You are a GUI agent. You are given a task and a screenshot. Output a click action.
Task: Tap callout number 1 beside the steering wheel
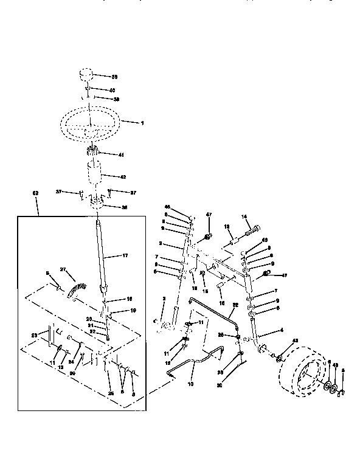point(142,123)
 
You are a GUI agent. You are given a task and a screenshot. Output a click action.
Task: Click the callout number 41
point(120,155)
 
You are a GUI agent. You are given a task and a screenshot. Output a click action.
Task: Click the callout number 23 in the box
point(35,335)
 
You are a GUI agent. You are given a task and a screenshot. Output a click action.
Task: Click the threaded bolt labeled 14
point(252,232)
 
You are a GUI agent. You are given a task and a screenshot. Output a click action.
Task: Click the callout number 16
point(220,302)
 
